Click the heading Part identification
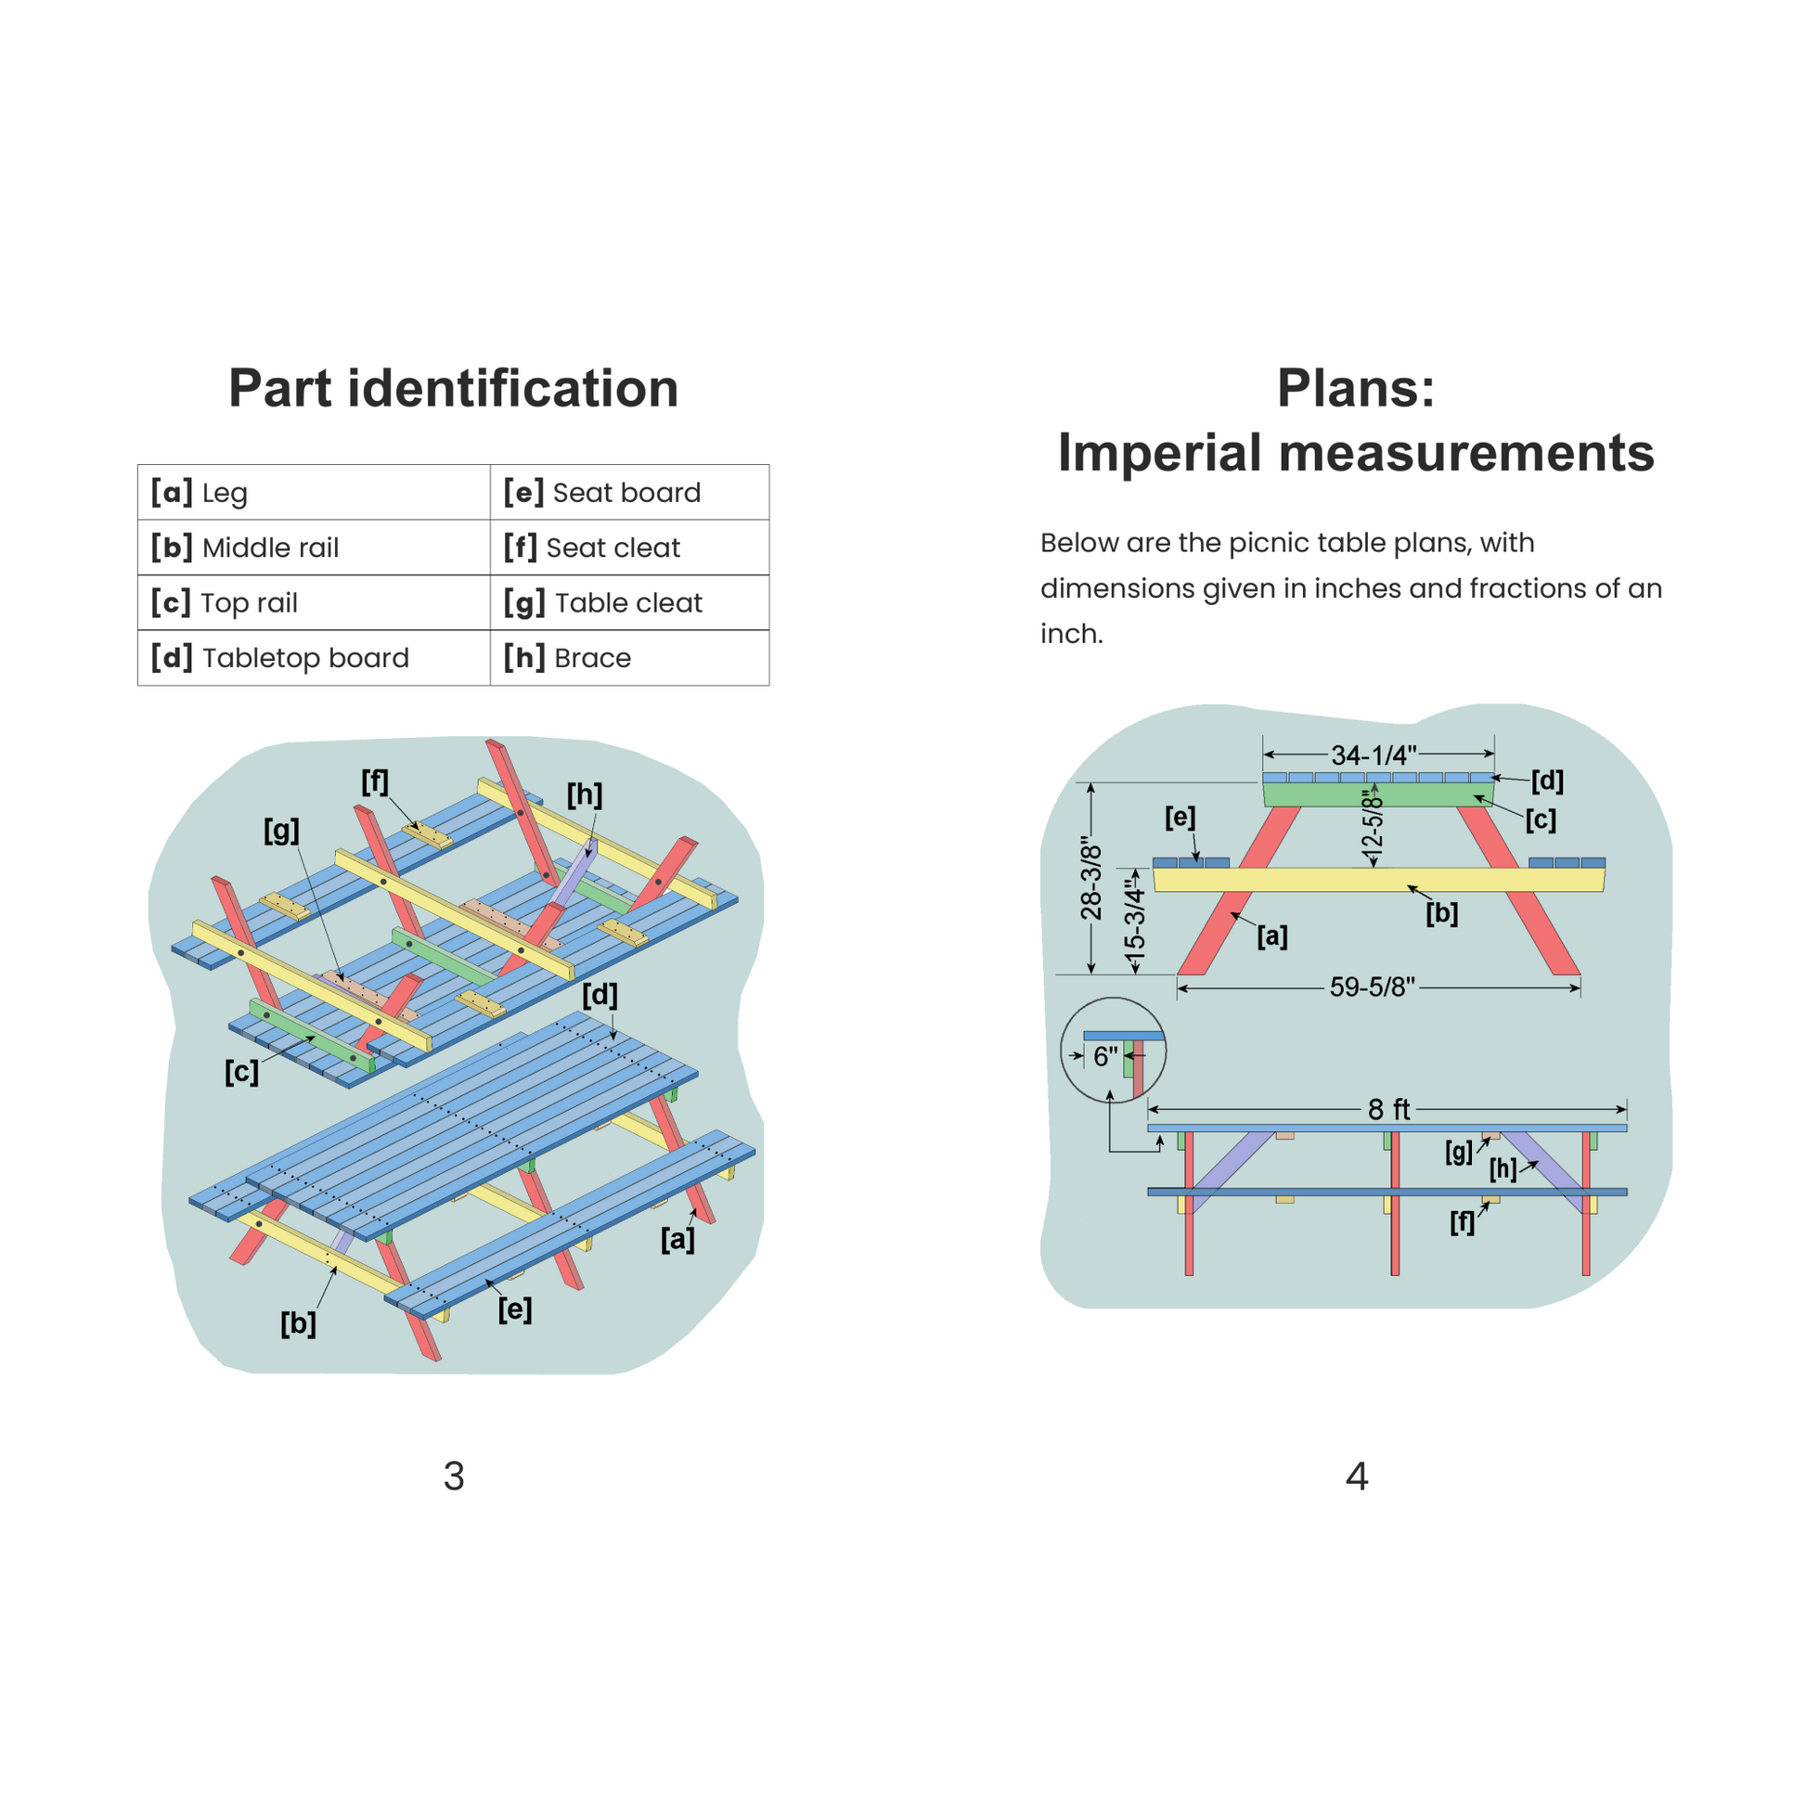click(x=454, y=388)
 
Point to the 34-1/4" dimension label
click(x=1374, y=755)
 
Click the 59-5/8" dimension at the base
click(x=1373, y=987)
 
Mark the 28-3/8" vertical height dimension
click(x=1090, y=879)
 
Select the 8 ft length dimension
click(x=1388, y=1110)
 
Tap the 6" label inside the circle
click(x=1106, y=1056)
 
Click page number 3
click(x=454, y=1476)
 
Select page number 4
click(x=1357, y=1476)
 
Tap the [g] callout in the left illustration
click(x=281, y=830)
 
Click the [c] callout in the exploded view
click(x=241, y=1071)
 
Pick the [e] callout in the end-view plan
click(x=1180, y=817)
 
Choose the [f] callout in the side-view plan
click(x=1462, y=1221)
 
